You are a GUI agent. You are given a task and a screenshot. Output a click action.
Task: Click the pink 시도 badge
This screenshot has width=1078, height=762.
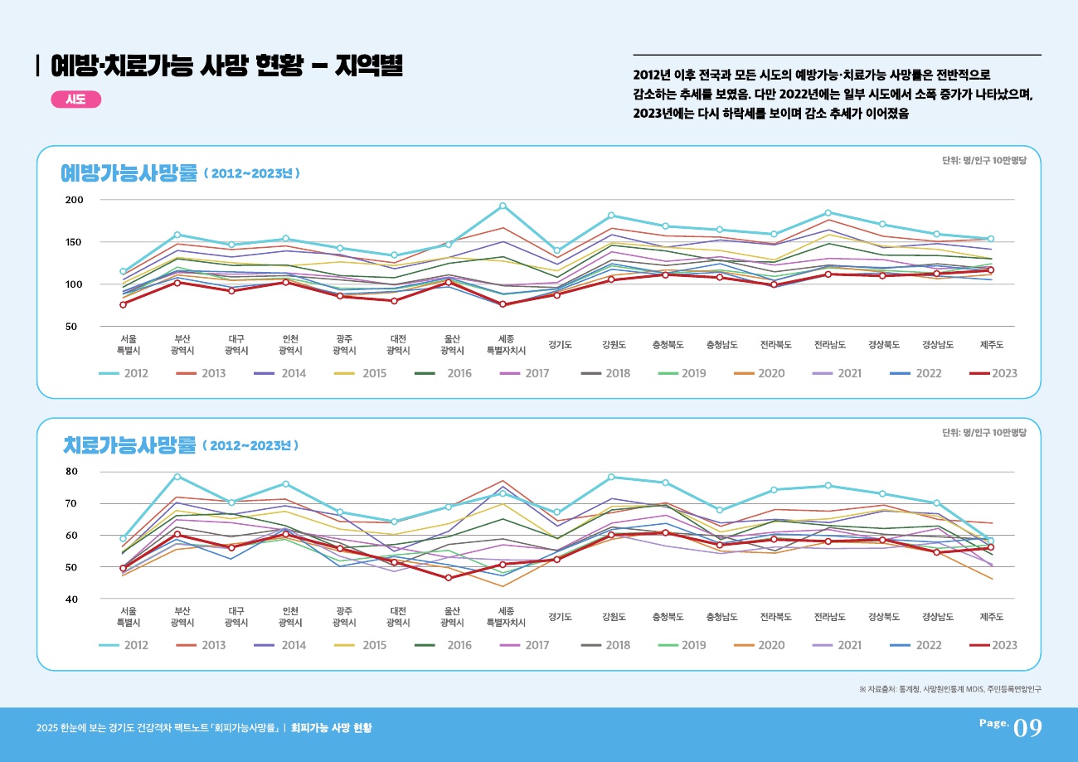(75, 99)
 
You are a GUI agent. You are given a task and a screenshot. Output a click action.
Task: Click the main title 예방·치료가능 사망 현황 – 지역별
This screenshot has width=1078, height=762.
(226, 66)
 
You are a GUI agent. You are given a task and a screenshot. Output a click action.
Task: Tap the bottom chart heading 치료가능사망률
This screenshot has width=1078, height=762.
(129, 445)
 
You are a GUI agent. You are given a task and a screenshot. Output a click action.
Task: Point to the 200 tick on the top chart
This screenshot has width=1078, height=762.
(75, 201)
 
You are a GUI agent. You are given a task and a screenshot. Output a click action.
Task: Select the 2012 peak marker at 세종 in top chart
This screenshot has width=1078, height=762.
(503, 206)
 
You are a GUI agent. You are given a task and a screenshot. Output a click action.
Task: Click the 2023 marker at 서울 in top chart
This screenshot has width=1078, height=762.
(123, 304)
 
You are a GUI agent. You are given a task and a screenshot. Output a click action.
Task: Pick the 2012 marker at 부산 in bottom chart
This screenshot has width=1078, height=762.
(177, 476)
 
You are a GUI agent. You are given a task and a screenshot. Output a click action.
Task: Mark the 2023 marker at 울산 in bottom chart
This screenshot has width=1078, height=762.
(449, 578)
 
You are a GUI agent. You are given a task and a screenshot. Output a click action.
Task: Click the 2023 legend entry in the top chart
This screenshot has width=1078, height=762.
(993, 374)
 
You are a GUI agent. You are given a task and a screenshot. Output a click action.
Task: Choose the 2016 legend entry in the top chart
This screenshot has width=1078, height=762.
(443, 374)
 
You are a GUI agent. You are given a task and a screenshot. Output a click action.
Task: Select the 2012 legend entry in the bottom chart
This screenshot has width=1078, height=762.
(124, 645)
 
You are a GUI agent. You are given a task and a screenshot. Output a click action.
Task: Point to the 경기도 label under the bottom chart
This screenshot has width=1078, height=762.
(561, 617)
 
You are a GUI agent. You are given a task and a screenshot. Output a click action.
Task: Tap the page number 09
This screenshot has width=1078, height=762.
(1027, 728)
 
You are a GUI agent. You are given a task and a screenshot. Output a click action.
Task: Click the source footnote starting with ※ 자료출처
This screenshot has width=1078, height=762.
(950, 688)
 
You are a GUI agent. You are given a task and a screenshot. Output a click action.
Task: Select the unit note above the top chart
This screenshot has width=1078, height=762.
(984, 162)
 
